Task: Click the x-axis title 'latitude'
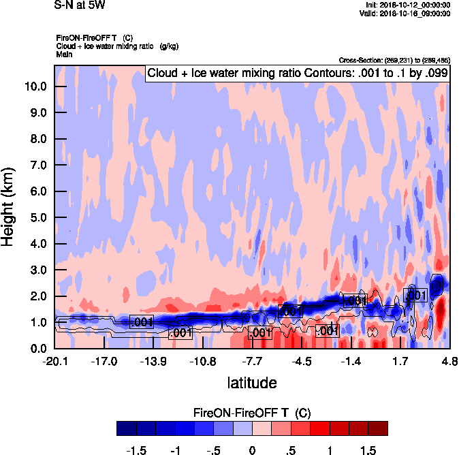pyautogui.click(x=252, y=383)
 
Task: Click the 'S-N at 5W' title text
pyautogui.click(x=80, y=6)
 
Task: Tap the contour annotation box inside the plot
pyautogui.click(x=297, y=74)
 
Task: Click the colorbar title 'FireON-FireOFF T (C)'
pyautogui.click(x=252, y=413)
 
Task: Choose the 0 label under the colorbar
pyautogui.click(x=252, y=450)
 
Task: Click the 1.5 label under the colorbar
pyautogui.click(x=368, y=450)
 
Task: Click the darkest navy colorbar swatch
pyautogui.click(x=126, y=428)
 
